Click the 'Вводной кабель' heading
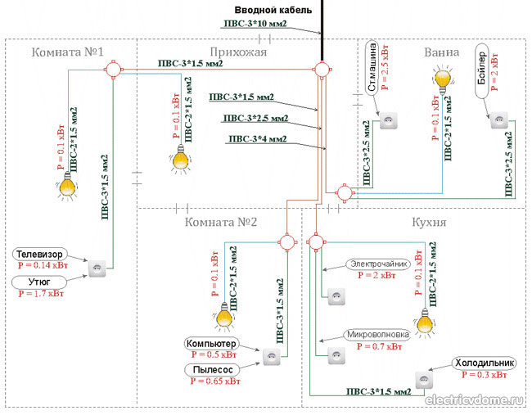point(273,10)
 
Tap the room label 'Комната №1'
point(67,52)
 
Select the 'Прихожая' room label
point(238,52)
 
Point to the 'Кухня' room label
point(429,222)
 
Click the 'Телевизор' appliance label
point(40,255)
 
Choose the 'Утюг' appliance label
point(39,282)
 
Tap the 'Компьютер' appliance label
point(211,344)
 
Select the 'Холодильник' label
point(485,363)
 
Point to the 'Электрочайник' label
point(379,264)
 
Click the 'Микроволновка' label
point(377,335)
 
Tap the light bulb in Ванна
point(443,79)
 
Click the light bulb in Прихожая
point(181,159)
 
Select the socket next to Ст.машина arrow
point(388,121)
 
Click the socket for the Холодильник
point(424,381)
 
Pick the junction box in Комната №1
point(113,70)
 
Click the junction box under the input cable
point(322,70)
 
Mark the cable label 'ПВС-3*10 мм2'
point(255,24)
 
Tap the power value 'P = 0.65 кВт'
point(215,381)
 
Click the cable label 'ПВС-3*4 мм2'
point(258,139)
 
